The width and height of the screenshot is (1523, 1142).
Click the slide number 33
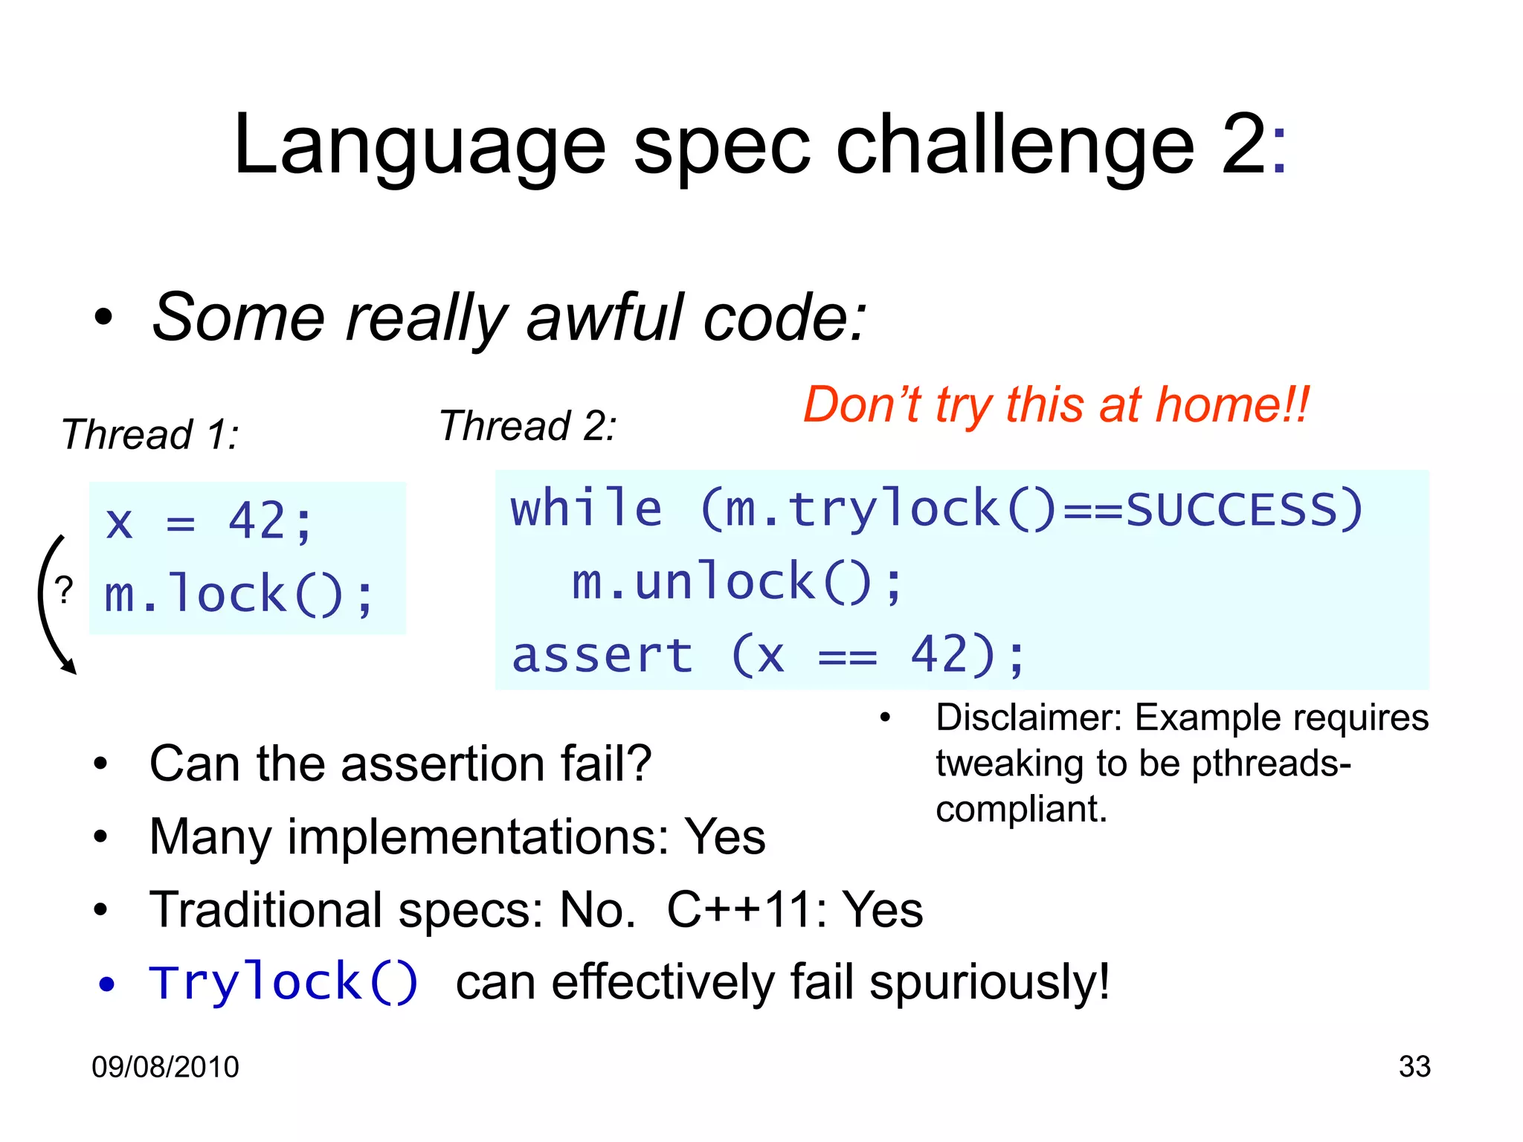tap(1414, 1066)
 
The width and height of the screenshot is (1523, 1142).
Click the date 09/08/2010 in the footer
tap(165, 1067)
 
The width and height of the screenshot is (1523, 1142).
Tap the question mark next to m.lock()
tap(65, 591)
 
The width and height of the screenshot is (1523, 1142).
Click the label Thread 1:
tap(149, 434)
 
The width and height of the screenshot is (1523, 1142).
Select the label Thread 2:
tap(527, 426)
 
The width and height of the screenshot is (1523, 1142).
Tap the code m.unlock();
tap(737, 582)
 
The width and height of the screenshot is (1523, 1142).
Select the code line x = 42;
tap(210, 521)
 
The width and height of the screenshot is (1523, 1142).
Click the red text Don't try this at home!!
tap(1055, 405)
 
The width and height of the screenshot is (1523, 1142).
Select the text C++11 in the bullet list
tap(745, 909)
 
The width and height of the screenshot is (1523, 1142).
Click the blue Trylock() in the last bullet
tap(283, 982)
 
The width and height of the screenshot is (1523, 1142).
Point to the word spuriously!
tap(989, 982)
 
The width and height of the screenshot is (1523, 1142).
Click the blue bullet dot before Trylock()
tap(107, 984)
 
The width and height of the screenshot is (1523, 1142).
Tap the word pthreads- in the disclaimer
tap(1271, 764)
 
